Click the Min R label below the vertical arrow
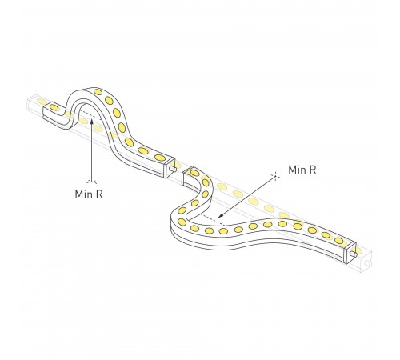pos(89,194)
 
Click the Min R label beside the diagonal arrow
pos(302,170)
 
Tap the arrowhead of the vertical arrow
pos(91,122)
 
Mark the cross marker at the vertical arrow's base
pos(92,182)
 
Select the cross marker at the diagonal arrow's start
pos(274,175)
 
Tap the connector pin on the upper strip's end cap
pos(173,169)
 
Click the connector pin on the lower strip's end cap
pos(354,254)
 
